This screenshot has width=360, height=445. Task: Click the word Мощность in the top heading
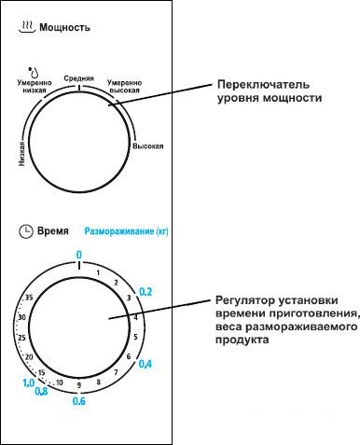click(x=64, y=29)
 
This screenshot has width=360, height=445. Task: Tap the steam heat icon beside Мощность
click(x=26, y=28)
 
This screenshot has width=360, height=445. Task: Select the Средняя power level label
click(x=78, y=78)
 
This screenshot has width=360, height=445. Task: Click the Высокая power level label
click(x=148, y=146)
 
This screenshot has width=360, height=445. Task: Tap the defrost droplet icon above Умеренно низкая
click(x=34, y=70)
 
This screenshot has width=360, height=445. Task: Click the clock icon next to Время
click(x=25, y=229)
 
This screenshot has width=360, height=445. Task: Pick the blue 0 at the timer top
click(x=79, y=254)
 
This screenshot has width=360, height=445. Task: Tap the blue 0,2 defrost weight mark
click(x=145, y=292)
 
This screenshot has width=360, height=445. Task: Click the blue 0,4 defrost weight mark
click(x=145, y=364)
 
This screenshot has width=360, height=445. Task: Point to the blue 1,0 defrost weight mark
click(x=29, y=382)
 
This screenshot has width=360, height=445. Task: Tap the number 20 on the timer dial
click(x=31, y=357)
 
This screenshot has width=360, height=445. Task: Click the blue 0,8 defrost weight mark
click(x=41, y=392)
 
